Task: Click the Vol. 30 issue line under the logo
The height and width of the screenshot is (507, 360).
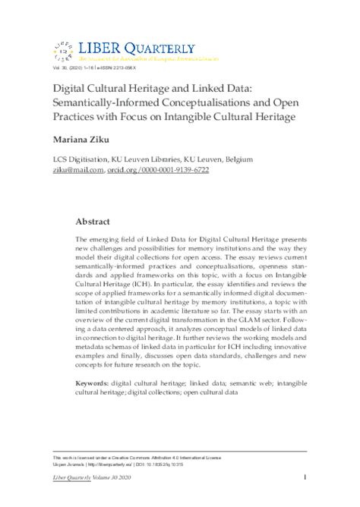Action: [98, 68]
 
